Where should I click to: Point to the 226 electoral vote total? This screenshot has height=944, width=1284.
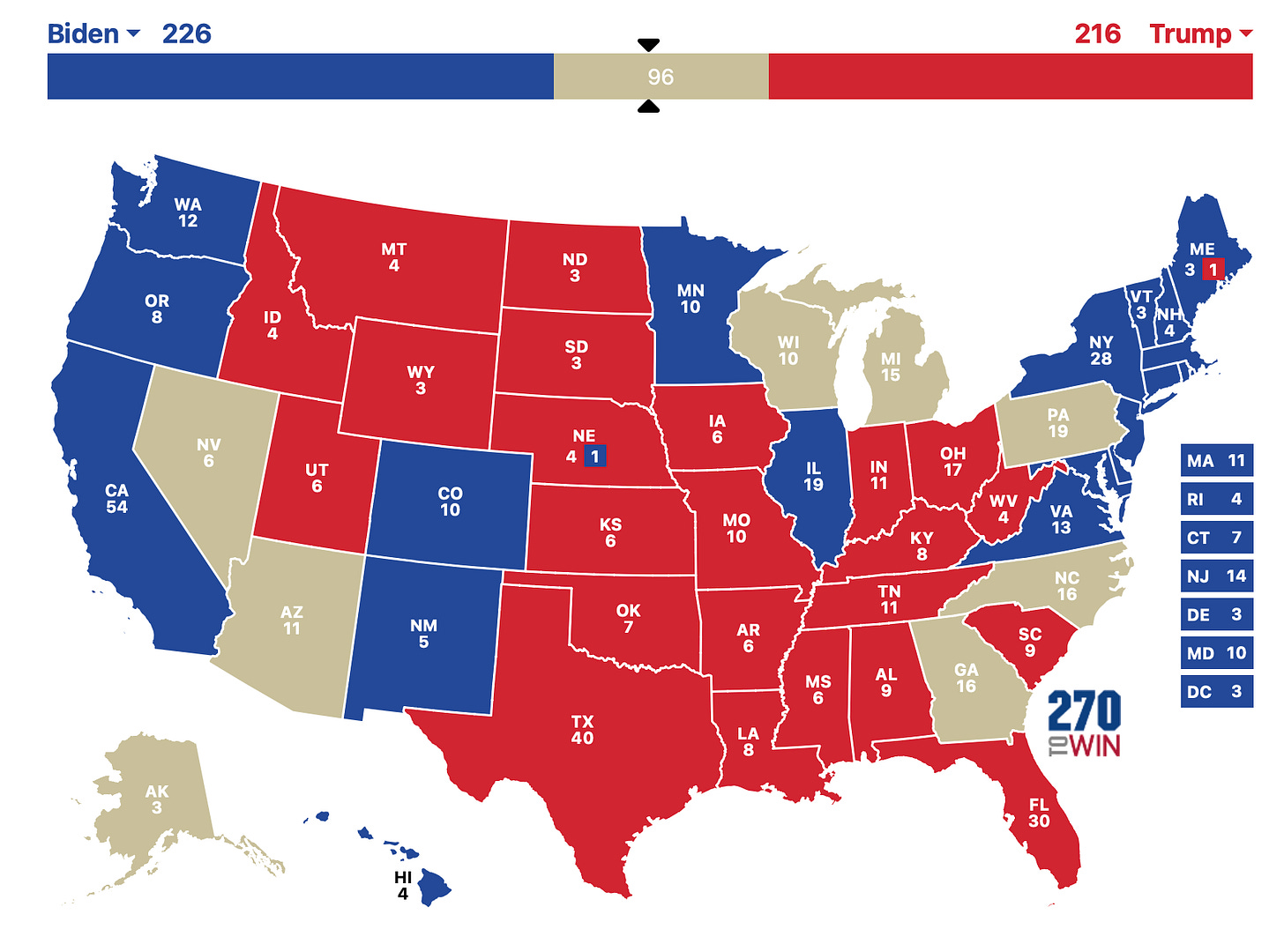tap(186, 33)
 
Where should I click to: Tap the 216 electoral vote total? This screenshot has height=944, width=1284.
tap(1097, 33)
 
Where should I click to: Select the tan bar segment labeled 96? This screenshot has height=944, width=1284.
tap(661, 77)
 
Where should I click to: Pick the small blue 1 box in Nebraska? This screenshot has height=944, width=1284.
tap(595, 457)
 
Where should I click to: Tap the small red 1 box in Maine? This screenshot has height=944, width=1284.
tap(1213, 270)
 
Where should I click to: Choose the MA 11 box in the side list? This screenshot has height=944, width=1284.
tap(1216, 461)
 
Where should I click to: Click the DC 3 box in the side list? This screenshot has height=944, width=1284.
tap(1216, 692)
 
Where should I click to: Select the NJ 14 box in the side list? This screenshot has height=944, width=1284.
tap(1216, 576)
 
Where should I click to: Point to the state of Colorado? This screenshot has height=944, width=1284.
tap(450, 502)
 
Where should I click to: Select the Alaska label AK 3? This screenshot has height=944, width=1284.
tap(156, 799)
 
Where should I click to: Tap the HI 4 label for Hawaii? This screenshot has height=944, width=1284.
tap(403, 885)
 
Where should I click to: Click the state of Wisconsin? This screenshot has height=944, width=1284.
tap(788, 351)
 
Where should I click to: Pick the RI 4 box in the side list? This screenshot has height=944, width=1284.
tap(1216, 500)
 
